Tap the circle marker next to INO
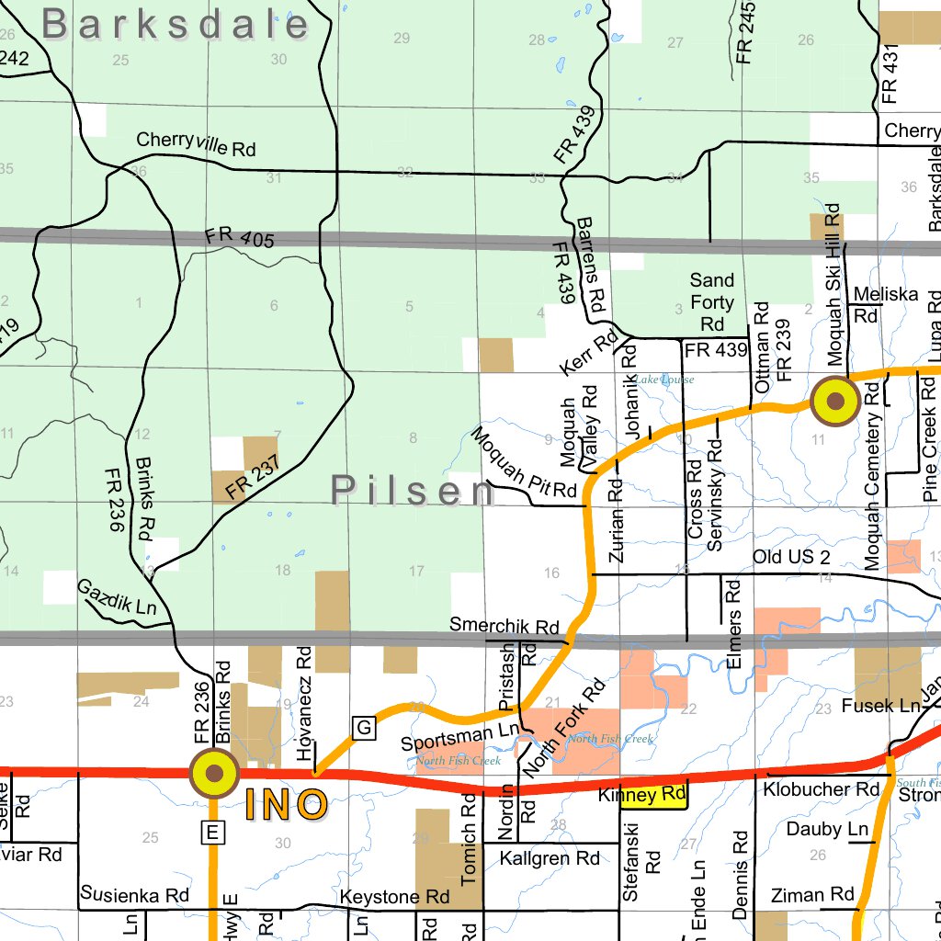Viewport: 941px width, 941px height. coord(214,774)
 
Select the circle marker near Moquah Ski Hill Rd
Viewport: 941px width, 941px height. coord(835,402)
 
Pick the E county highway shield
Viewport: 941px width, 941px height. coord(212,833)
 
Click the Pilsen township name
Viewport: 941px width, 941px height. coord(414,492)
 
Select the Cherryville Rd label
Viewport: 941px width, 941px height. coord(196,144)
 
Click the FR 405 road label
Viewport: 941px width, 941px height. coord(241,238)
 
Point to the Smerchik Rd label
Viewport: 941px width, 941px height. coord(505,626)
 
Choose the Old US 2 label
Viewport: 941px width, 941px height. coord(790,558)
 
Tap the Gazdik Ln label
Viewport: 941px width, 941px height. coord(116,596)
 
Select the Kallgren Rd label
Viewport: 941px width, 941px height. coord(550,858)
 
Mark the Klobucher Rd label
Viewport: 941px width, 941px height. coord(822,788)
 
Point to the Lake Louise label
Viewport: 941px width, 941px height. coord(663,380)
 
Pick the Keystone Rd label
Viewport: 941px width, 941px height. coord(394,897)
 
